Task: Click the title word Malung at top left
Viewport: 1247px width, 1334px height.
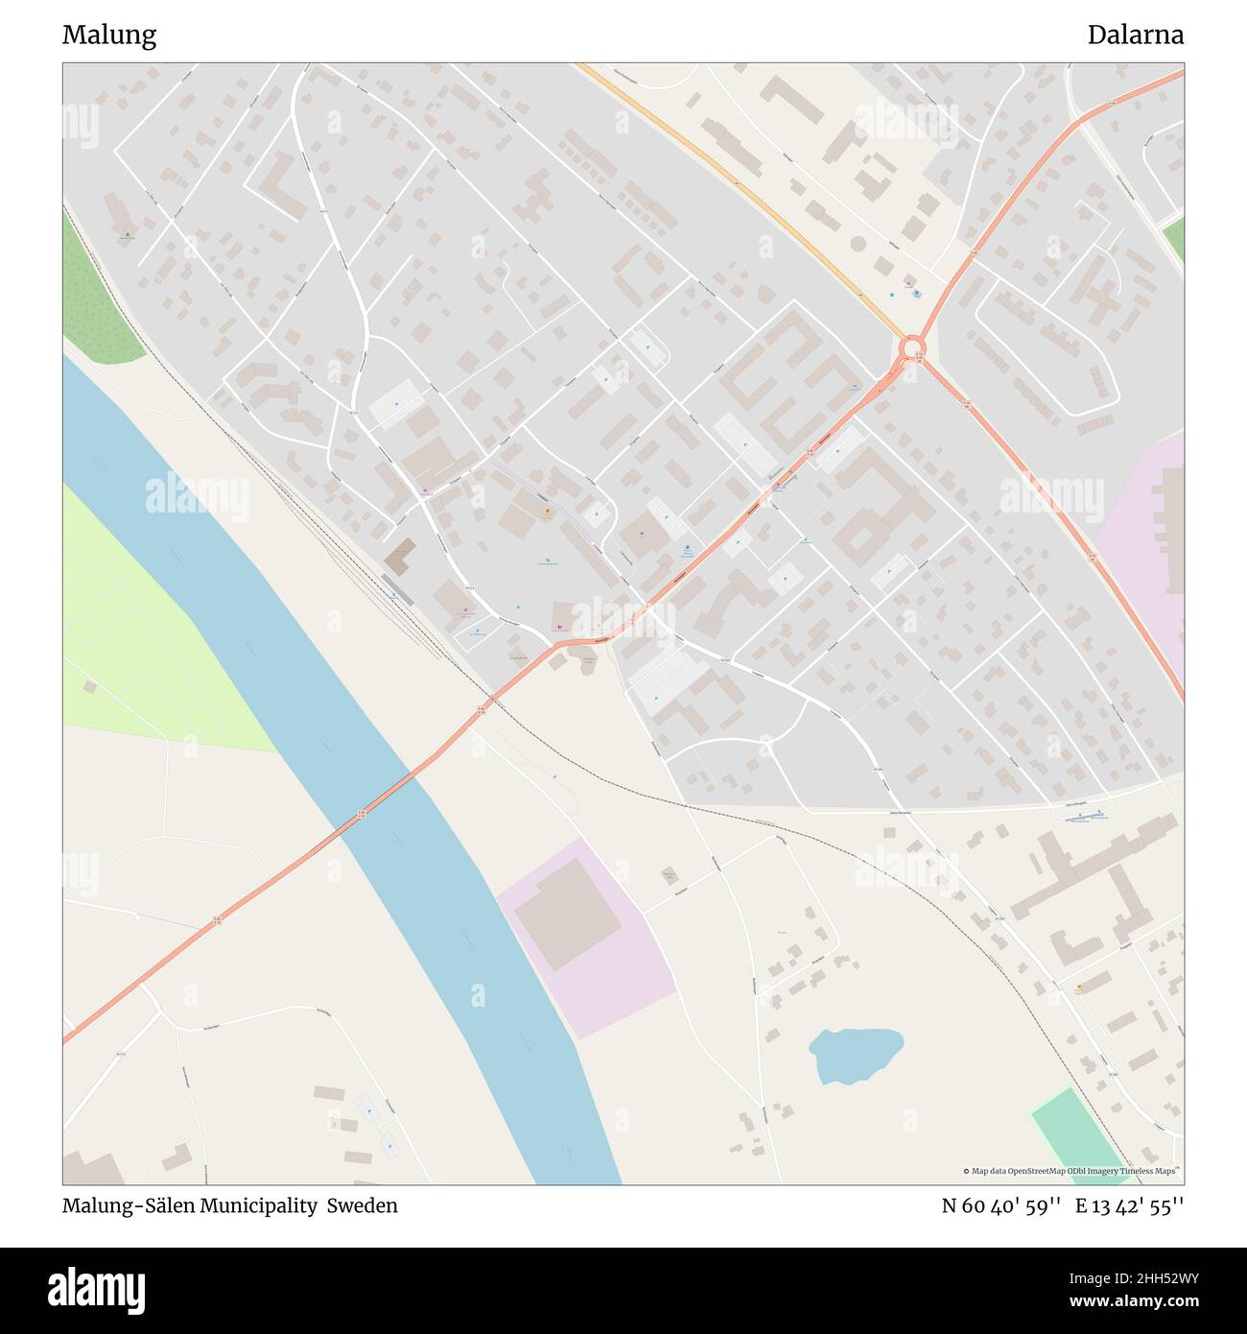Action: (109, 36)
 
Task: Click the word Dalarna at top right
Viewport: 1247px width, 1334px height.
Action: (1135, 36)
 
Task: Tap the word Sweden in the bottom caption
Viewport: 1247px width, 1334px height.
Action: (362, 1205)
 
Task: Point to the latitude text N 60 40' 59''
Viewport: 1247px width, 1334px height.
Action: (1000, 1205)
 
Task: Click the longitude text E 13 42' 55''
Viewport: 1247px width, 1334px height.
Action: (1129, 1205)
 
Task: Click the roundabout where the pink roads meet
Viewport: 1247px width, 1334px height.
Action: (912, 345)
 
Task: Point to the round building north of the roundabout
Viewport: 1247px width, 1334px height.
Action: (858, 244)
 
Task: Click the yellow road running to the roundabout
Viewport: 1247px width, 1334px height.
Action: (748, 192)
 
